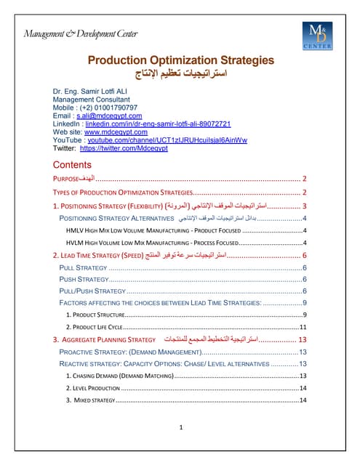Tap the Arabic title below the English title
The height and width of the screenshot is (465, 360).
(180, 75)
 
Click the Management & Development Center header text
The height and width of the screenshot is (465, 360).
(87, 33)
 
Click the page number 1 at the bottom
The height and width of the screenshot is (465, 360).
(180, 426)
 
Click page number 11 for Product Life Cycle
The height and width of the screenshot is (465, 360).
(303, 328)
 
